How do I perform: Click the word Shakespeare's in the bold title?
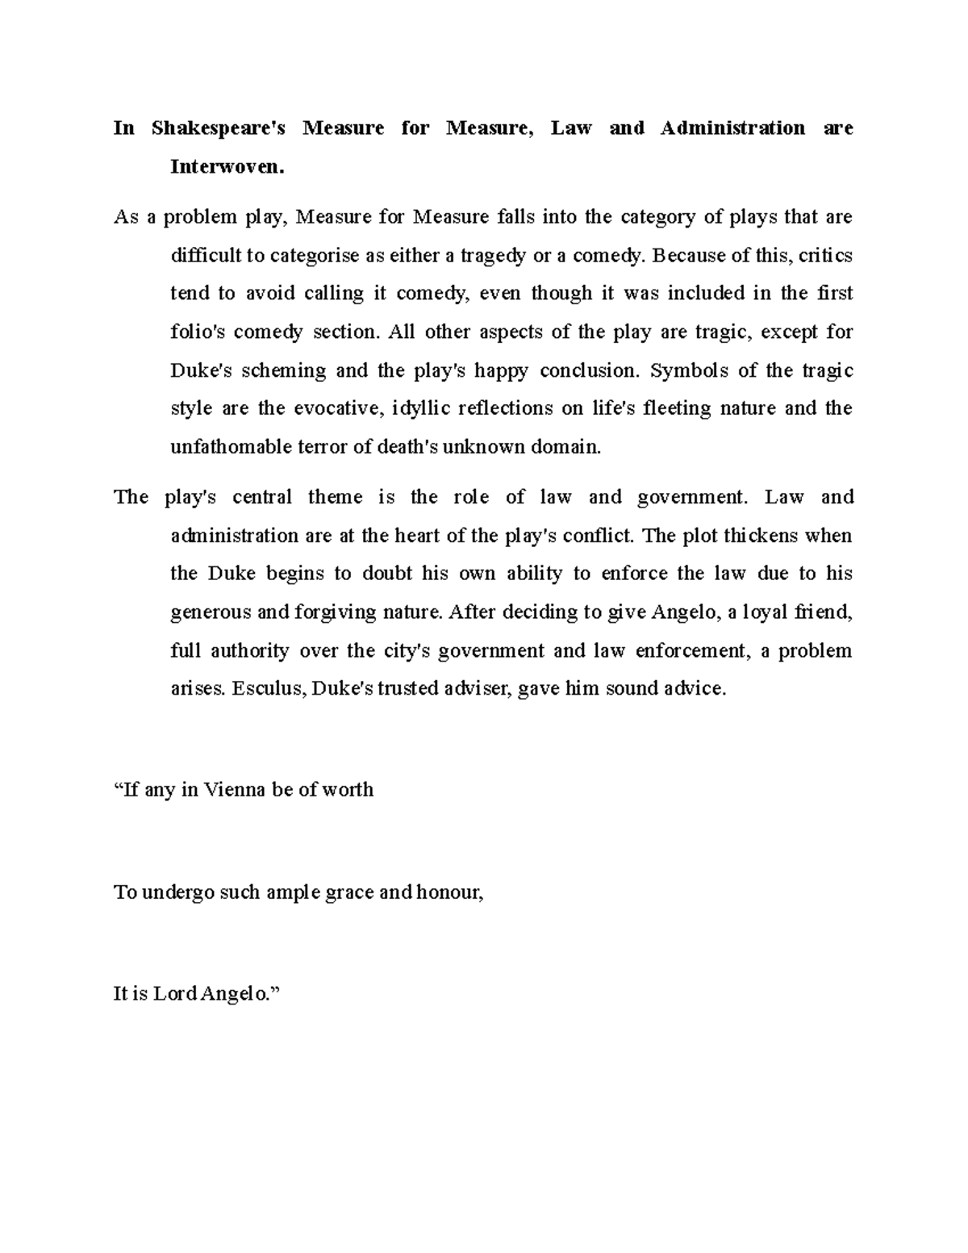point(218,128)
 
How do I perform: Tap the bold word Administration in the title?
point(732,128)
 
